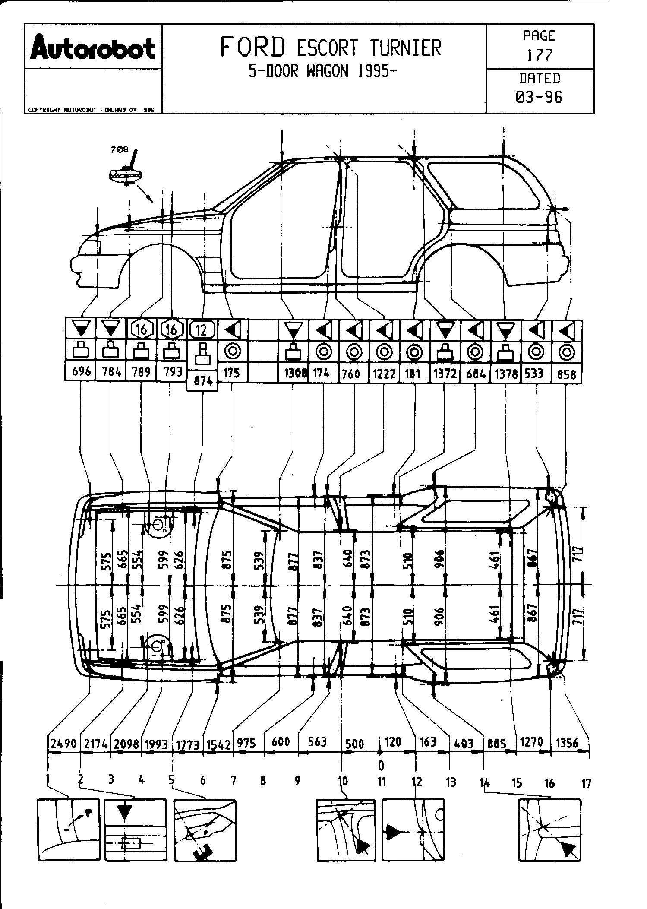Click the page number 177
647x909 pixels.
point(539,55)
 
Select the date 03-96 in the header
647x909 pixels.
point(539,97)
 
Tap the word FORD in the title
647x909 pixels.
point(252,47)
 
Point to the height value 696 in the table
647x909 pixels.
point(81,371)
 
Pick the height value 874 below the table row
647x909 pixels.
point(202,381)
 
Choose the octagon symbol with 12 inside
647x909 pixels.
point(202,330)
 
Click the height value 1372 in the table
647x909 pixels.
point(445,374)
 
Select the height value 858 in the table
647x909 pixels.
point(566,374)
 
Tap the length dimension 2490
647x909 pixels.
point(63,744)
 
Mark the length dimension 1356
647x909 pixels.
point(572,743)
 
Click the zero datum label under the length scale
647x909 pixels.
point(381,766)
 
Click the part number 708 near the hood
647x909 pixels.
point(119,150)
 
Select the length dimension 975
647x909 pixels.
point(246,743)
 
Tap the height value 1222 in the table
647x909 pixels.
point(384,374)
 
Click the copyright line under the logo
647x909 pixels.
point(91,110)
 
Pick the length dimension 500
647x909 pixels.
point(355,744)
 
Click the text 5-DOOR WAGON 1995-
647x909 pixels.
point(323,71)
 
